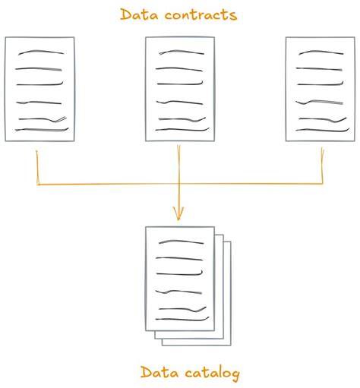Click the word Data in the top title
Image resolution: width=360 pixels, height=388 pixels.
139,14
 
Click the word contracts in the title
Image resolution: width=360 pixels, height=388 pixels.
201,15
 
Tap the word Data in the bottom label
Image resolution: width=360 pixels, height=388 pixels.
159,372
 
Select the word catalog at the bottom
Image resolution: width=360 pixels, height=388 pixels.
212,374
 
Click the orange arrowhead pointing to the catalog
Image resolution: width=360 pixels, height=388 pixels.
178,213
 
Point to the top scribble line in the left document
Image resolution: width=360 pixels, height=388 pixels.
41,52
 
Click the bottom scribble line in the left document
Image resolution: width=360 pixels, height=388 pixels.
42,130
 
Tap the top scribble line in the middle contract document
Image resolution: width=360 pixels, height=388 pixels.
182,52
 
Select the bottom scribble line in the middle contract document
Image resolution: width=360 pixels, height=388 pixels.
182,130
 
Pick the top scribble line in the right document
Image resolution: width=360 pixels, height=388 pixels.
321,52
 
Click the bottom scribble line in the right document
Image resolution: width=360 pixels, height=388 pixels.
323,130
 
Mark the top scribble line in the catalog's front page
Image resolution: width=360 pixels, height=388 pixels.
182,241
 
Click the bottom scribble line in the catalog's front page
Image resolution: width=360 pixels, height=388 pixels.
182,319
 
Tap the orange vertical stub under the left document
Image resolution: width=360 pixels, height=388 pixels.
37,168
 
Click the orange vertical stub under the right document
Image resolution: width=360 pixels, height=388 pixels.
322,166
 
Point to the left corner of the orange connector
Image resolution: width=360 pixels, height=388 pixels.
38,185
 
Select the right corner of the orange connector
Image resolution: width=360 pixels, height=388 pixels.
323,183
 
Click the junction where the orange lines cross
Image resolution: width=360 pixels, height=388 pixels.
179,184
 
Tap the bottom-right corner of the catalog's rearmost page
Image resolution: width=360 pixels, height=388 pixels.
231,345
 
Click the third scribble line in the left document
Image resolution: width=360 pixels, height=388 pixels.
39,84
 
